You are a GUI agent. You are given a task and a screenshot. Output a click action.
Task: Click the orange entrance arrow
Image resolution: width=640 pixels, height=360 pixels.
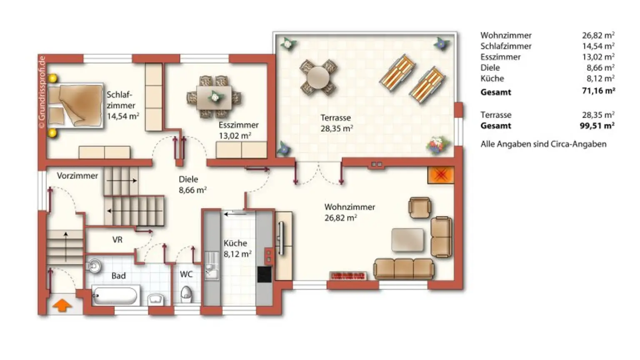pyautogui.click(x=62, y=305)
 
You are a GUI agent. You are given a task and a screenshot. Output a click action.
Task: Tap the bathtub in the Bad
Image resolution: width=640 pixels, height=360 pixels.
pyautogui.click(x=115, y=296)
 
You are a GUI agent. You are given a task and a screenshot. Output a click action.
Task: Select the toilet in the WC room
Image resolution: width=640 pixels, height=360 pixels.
pyautogui.click(x=186, y=294)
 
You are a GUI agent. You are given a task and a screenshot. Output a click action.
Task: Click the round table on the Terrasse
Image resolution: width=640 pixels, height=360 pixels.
pyautogui.click(x=318, y=77)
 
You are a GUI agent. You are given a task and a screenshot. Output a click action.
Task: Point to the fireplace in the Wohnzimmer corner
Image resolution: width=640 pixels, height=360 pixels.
pyautogui.click(x=440, y=175)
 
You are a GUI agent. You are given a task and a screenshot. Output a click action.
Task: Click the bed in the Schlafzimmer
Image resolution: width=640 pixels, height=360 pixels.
pyautogui.click(x=75, y=105)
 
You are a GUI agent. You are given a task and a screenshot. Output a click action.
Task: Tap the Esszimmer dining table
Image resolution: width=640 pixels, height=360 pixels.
pyautogui.click(x=214, y=97)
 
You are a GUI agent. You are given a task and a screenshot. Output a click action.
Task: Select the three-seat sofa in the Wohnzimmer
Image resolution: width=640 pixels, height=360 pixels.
pyautogui.click(x=403, y=268)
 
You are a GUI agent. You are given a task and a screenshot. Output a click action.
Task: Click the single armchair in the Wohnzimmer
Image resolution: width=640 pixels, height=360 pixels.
pyautogui.click(x=419, y=207)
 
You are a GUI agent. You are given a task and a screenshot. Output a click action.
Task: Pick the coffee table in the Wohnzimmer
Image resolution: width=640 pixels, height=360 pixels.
pyautogui.click(x=407, y=240)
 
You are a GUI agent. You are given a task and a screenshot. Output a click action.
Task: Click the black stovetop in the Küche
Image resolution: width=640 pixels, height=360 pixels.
pyautogui.click(x=264, y=274)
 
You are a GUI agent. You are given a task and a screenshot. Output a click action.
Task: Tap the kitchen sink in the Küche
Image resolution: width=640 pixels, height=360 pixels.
pyautogui.click(x=211, y=265)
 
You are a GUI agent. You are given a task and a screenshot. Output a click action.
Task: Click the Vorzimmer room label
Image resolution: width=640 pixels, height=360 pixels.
pyautogui.click(x=77, y=176)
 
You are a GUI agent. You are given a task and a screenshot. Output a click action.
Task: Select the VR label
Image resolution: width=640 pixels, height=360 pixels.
pyautogui.click(x=117, y=240)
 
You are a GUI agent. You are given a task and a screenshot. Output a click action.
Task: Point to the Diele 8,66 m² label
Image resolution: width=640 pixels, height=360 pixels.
pyautogui.click(x=192, y=185)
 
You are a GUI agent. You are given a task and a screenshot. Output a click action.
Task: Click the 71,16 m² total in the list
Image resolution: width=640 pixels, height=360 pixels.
pyautogui.click(x=598, y=91)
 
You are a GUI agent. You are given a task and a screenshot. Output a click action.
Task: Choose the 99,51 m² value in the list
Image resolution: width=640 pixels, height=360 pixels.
pyautogui.click(x=598, y=125)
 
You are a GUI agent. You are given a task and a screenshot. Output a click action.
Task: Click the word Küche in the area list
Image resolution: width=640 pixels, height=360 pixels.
pyautogui.click(x=492, y=78)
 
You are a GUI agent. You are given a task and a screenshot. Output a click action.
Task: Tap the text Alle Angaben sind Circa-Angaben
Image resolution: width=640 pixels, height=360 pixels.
pyautogui.click(x=543, y=144)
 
